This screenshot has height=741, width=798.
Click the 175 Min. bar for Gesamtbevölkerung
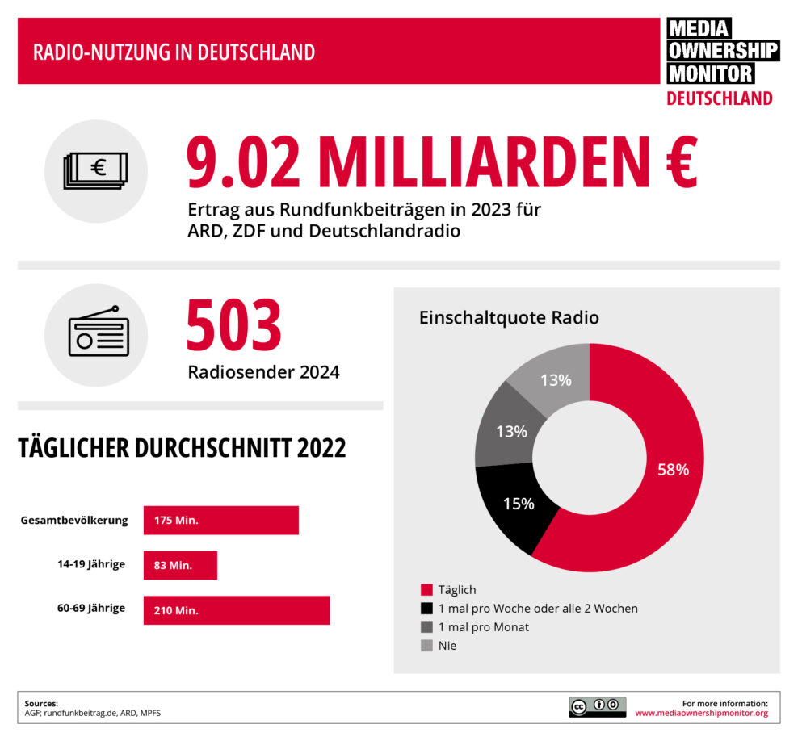pyautogui.click(x=220, y=521)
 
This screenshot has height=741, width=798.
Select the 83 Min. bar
pyautogui.click(x=180, y=565)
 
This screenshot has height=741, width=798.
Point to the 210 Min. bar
pyautogui.click(x=236, y=610)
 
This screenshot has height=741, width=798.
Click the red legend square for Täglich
pyautogui.click(x=426, y=590)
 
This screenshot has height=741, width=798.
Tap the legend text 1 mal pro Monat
pyautogui.click(x=483, y=627)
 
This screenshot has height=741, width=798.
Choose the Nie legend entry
pyautogui.click(x=447, y=646)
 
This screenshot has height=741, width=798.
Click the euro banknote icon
pyautogui.click(x=96, y=170)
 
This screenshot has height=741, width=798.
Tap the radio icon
pyautogui.click(x=97, y=333)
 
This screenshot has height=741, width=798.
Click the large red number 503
pyautogui.click(x=233, y=325)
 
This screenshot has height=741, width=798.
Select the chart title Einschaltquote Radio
pyautogui.click(x=508, y=317)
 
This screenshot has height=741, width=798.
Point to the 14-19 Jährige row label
pyautogui.click(x=91, y=564)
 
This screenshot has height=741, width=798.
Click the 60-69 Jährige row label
pyautogui.click(x=90, y=608)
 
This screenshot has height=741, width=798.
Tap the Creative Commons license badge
pyautogui.click(x=597, y=707)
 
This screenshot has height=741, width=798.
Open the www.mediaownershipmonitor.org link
pyautogui.click(x=701, y=714)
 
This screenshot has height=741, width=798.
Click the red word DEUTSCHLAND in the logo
pyautogui.click(x=719, y=98)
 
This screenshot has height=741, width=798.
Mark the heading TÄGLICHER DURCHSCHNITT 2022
pyautogui.click(x=182, y=449)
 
